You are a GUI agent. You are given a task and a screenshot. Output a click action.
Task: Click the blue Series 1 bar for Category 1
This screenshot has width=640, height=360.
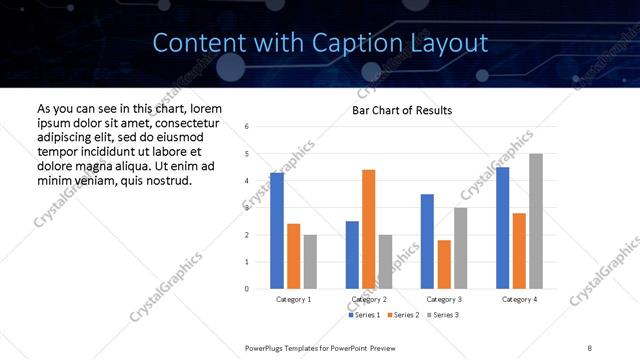tap(277, 231)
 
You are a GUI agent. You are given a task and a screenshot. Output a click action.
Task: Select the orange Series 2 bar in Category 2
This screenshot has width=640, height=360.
tap(368, 229)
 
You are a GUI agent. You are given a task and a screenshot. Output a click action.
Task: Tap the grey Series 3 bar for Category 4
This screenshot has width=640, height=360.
tap(536, 221)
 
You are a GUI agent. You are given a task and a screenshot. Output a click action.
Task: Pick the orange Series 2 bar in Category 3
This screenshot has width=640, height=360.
tap(444, 264)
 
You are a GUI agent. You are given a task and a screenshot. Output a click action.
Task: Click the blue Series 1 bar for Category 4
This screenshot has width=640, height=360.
tap(502, 228)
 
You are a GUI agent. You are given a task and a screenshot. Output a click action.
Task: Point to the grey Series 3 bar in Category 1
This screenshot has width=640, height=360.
tap(310, 262)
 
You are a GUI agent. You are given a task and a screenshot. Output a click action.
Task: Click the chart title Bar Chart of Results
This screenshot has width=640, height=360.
tap(402, 110)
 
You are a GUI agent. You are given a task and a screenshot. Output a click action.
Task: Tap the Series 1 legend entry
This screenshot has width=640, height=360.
tap(364, 316)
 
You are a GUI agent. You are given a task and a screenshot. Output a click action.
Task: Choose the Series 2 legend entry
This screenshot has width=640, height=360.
tap(403, 316)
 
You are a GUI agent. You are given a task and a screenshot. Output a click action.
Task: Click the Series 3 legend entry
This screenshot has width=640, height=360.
tap(443, 316)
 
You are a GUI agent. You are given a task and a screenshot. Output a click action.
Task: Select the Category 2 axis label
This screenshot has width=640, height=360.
tap(368, 300)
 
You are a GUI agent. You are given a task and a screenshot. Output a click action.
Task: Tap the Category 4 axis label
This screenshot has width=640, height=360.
tap(519, 300)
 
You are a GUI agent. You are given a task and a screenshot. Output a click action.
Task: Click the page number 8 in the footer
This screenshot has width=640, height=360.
tap(590, 347)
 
